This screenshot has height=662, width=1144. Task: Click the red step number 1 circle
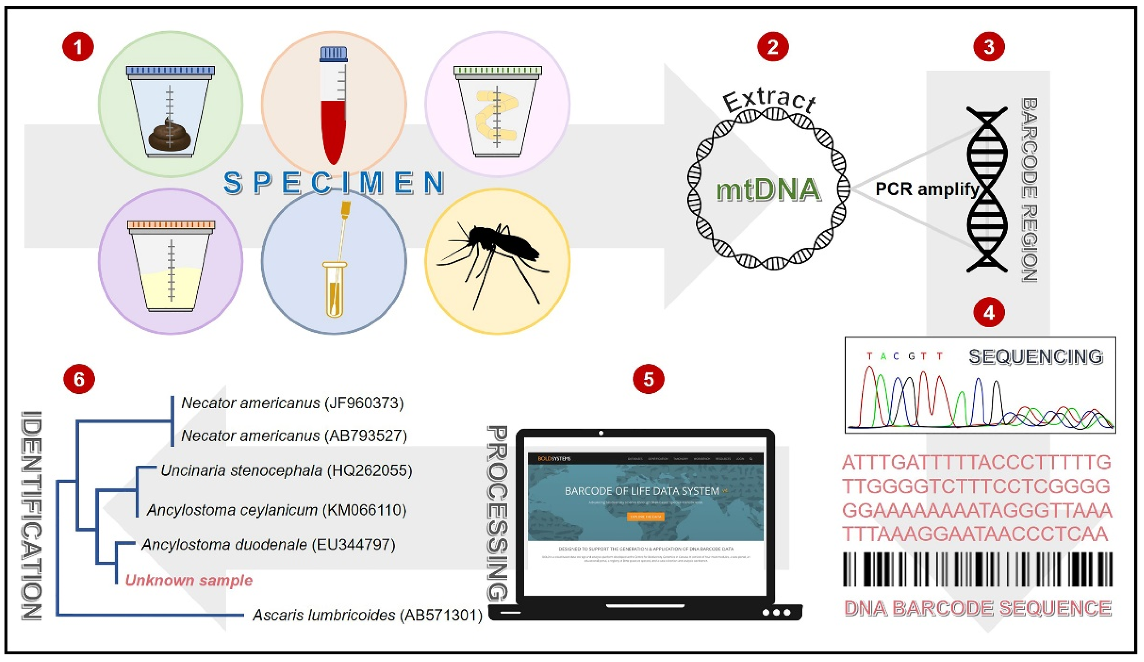pyautogui.click(x=78, y=47)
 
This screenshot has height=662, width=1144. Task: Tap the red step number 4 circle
pyautogui.click(x=989, y=313)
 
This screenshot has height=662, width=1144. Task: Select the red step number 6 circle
pyautogui.click(x=79, y=379)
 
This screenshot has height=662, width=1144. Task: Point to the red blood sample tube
pyautogui.click(x=334, y=123)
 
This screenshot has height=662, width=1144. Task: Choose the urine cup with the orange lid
pyautogui.click(x=171, y=268)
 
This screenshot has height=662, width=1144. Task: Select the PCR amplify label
pyautogui.click(x=926, y=189)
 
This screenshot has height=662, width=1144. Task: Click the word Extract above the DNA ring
pyautogui.click(x=769, y=101)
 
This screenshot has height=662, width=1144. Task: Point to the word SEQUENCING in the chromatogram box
pyautogui.click(x=1036, y=357)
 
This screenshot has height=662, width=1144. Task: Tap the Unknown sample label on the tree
pyautogui.click(x=188, y=580)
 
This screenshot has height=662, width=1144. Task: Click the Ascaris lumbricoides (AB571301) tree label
pyautogui.click(x=367, y=615)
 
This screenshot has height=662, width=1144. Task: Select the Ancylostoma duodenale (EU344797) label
pyautogui.click(x=268, y=545)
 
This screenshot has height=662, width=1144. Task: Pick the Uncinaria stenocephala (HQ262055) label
pyautogui.click(x=286, y=471)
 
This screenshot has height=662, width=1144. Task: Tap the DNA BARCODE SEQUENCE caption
pyautogui.click(x=977, y=608)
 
